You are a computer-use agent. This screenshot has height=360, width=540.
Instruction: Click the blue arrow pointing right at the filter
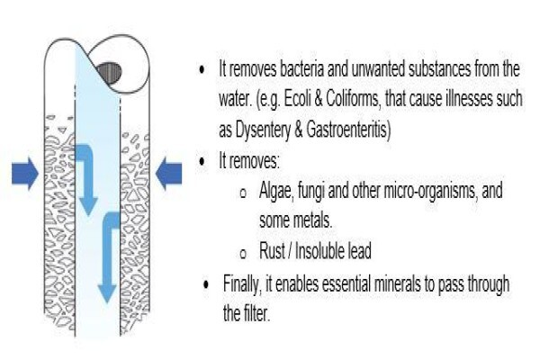pos(25,174)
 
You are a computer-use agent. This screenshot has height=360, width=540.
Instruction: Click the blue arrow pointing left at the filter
pos(169,174)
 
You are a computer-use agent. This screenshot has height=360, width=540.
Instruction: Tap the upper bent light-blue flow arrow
pos(85,179)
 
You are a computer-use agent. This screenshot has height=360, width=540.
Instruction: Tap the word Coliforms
pos(352,100)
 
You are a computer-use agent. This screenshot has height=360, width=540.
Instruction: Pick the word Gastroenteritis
pos(346,130)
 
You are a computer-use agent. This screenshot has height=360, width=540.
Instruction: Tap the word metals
pos(310,220)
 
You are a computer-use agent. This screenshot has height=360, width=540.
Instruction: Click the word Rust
pos(272,251)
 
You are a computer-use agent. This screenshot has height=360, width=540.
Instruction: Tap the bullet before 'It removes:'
pos(202,161)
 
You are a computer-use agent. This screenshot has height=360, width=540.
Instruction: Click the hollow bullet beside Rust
pos(243,254)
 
